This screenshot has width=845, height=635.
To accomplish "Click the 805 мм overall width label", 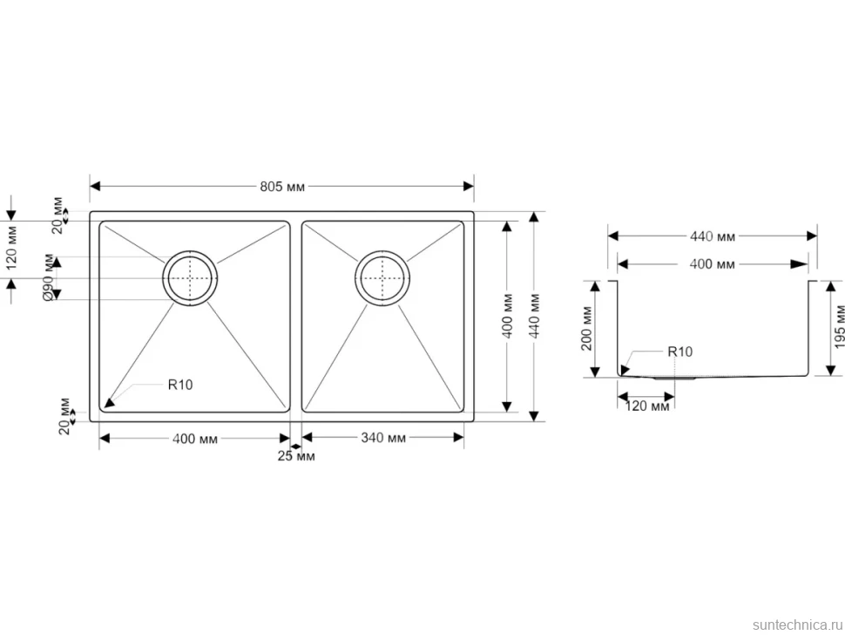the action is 282,187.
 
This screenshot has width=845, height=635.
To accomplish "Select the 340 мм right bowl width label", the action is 383,438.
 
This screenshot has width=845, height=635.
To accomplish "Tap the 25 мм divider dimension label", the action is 296,456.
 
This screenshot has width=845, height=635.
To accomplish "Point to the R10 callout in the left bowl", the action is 180,385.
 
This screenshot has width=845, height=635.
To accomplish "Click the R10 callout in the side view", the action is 680,352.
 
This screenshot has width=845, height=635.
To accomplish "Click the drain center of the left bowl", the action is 190,278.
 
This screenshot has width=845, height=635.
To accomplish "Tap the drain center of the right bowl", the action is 382,278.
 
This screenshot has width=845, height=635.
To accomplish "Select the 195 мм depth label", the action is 839,327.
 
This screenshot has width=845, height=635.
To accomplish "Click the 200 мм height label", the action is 586,329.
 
